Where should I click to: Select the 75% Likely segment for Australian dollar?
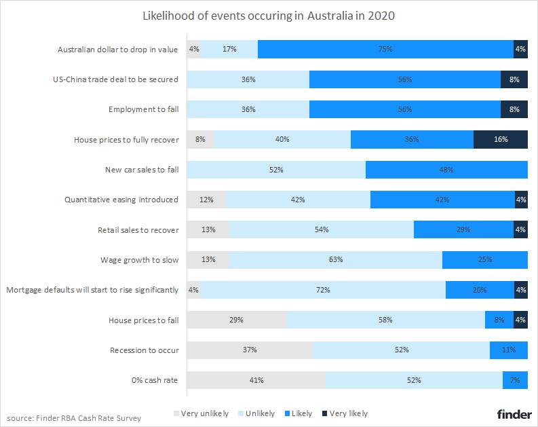tap(385, 49)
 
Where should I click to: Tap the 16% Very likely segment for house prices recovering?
tap(500, 139)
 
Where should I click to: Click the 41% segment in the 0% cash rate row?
tap(256, 380)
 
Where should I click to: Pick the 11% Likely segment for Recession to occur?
tap(508, 350)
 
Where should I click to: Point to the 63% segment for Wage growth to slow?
tap(335, 260)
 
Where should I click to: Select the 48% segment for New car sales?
tap(446, 170)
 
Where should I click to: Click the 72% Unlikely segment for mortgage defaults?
tap(323, 290)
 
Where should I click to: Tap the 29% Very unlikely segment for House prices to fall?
tap(236, 320)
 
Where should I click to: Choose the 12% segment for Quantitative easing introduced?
tap(206, 200)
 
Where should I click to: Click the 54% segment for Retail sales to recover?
tap(322, 230)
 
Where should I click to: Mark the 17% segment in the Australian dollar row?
tap(229, 49)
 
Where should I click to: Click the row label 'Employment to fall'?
tap(143, 109)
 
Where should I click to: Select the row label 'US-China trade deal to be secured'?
tap(115, 79)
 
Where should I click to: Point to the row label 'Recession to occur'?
tap(144, 350)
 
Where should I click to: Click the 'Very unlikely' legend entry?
tap(201, 413)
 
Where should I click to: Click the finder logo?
tap(514, 413)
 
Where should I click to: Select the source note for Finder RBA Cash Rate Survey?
tap(74, 418)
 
